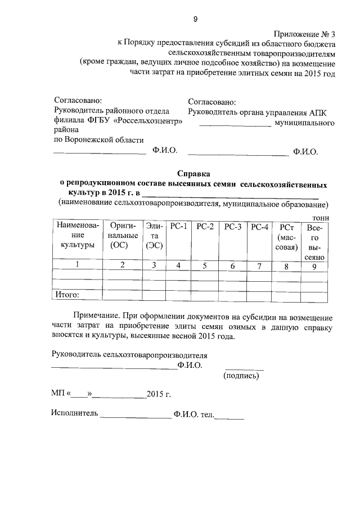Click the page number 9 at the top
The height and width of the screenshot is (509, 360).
point(195,19)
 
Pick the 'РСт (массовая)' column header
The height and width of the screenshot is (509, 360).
point(287,237)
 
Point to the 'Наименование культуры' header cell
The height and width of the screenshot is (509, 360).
point(77,236)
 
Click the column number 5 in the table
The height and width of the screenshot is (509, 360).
point(205,265)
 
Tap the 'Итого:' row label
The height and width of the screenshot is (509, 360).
point(66,294)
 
